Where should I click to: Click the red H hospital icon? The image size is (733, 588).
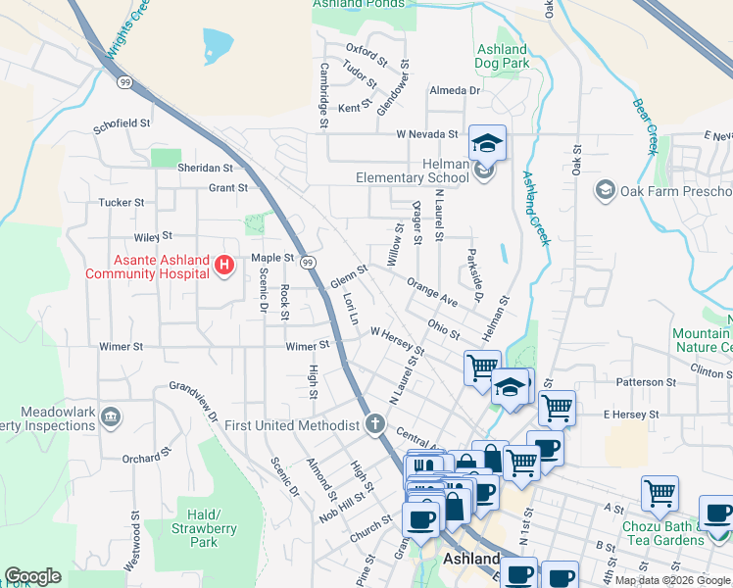(224, 265)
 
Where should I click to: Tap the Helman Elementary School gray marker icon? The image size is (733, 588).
(483, 171)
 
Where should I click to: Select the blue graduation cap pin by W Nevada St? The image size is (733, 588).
(486, 143)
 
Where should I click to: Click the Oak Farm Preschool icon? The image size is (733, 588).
(605, 189)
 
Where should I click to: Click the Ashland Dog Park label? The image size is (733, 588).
(501, 57)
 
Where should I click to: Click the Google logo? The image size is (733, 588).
(32, 576)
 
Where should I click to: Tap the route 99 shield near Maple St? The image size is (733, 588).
(308, 263)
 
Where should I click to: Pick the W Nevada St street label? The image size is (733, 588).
(427, 134)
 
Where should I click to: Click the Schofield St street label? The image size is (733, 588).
(122, 124)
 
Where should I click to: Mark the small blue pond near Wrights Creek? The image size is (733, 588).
(218, 43)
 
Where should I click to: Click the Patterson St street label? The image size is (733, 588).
(646, 381)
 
